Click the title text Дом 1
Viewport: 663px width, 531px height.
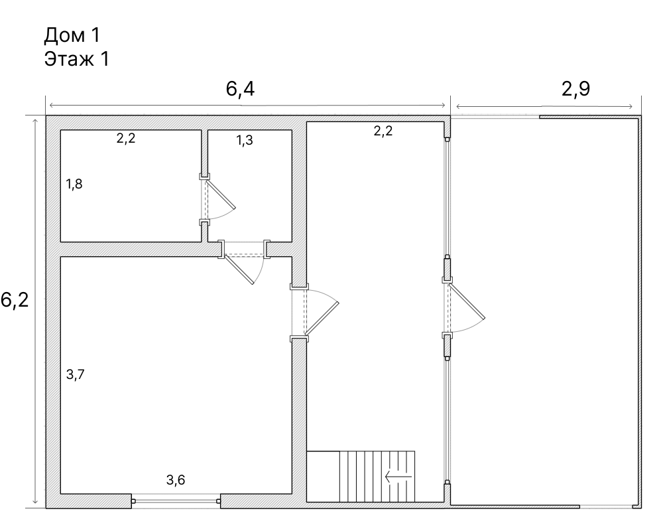pyautogui.click(x=72, y=34)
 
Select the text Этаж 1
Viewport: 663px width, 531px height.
pyautogui.click(x=76, y=58)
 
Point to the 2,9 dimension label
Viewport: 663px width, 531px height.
pyautogui.click(x=575, y=89)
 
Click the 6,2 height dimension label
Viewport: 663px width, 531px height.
pyautogui.click(x=15, y=300)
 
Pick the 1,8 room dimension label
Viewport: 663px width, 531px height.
pyautogui.click(x=74, y=184)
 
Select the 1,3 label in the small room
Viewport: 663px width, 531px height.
pyautogui.click(x=244, y=140)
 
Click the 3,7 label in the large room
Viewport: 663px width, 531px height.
pyautogui.click(x=75, y=374)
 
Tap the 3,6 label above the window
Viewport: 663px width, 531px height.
pyautogui.click(x=176, y=481)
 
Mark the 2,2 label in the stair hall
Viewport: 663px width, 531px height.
pyautogui.click(x=383, y=131)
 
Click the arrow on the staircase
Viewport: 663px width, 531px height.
pyautogui.click(x=398, y=476)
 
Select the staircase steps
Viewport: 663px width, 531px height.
pyautogui.click(x=377, y=476)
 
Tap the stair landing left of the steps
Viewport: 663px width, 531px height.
pyautogui.click(x=323, y=476)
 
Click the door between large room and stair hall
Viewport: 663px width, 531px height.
pyautogui.click(x=318, y=312)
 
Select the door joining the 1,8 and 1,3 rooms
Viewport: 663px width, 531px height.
pyautogui.click(x=217, y=198)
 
